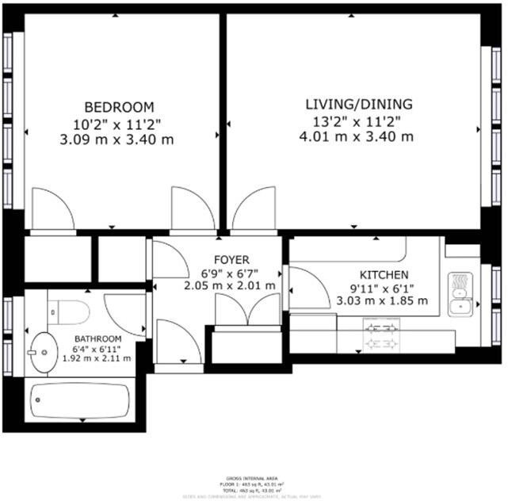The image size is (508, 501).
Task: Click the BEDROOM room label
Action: coord(119,107)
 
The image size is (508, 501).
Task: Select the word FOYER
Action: coord(231,259)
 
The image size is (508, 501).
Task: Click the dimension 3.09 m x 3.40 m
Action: coord(117,139)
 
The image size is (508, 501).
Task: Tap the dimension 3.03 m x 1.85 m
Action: coord(382,300)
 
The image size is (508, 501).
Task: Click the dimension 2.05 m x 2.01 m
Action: coord(230,285)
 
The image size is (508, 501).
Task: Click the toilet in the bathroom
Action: coord(67,312)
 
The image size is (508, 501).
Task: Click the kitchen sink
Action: coord(459,293)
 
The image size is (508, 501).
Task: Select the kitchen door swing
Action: coord(305,288)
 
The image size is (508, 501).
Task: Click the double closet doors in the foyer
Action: coord(248,309)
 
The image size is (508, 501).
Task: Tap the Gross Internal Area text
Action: coord(253,478)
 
